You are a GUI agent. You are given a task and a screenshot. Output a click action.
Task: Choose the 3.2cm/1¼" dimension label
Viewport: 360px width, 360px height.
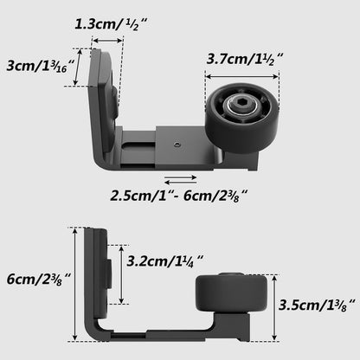click(x=164, y=259)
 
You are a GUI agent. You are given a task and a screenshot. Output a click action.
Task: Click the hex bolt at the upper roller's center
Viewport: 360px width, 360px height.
click(x=240, y=109)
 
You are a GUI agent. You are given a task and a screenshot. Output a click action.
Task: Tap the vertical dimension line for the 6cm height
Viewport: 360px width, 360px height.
click(x=74, y=285)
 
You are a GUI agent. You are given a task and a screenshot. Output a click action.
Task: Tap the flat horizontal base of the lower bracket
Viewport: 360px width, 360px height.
click(x=156, y=330)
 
